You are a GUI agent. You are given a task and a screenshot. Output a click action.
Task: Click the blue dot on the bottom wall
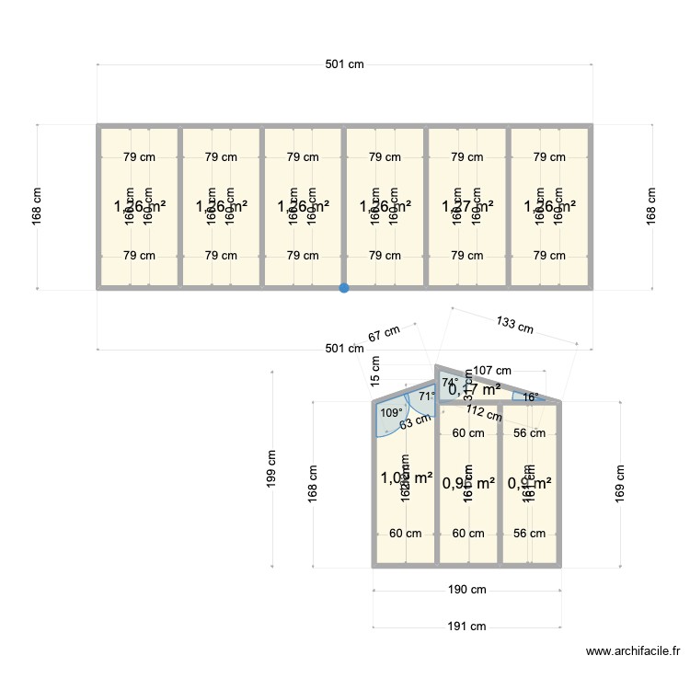pos(344,288)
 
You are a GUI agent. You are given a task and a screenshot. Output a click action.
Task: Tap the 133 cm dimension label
pos(514,324)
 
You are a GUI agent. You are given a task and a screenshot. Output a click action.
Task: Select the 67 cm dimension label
pos(385,335)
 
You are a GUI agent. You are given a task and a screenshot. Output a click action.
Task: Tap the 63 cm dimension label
pos(415,421)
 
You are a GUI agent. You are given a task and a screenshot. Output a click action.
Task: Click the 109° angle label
pos(391,413)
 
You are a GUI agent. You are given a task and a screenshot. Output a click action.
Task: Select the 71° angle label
pos(427,397)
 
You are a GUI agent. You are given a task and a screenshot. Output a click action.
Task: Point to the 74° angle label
pos(450,382)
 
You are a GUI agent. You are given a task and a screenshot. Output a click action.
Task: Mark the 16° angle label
pos(529,397)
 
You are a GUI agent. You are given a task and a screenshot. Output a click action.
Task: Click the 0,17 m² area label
pos(475,389)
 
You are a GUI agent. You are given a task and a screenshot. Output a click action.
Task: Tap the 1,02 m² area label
pos(407,477)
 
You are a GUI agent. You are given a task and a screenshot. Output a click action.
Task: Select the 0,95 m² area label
pos(468,482)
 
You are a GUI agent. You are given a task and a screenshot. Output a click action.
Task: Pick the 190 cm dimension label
pos(467,590)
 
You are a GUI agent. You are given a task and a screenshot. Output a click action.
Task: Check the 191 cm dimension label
pos(467,627)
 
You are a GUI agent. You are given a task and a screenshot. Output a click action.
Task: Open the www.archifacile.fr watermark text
pos(632,651)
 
